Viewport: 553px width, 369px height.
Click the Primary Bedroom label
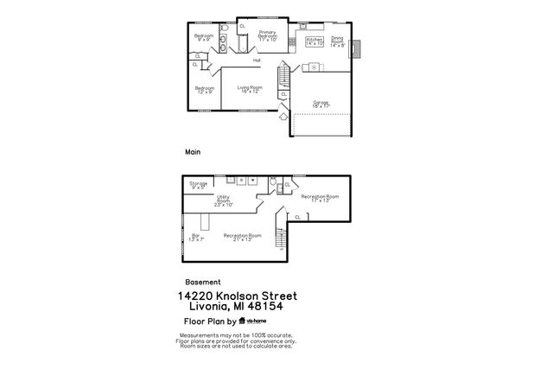point(267,35)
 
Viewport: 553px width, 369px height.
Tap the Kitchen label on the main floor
point(315,41)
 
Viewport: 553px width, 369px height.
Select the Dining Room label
point(337,41)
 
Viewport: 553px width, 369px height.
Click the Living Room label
point(251,89)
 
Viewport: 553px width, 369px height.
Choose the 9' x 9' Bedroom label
point(204,37)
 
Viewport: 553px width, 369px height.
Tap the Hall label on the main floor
point(257,60)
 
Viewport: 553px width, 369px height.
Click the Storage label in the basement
point(199,184)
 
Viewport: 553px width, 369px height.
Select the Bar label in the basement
point(196,237)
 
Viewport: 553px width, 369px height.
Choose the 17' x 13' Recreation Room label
point(320,198)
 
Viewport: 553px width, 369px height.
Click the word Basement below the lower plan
point(203,282)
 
